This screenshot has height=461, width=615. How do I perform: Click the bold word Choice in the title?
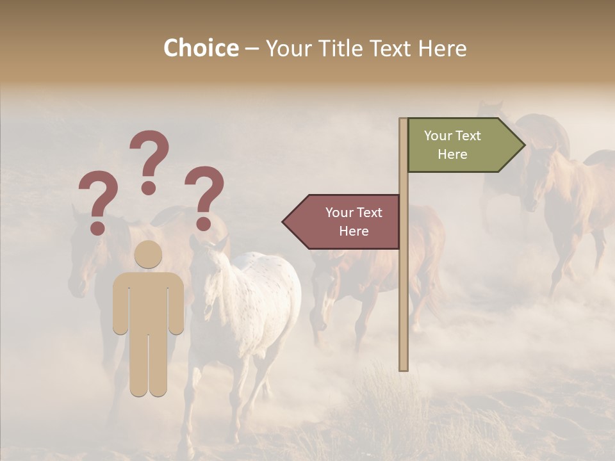tap(201, 48)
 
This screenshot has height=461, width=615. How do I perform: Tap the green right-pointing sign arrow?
tap(461, 145)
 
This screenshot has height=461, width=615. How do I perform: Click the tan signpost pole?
tap(404, 288)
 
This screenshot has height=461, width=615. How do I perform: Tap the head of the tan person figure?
tap(149, 254)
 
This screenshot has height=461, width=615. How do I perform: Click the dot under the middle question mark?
tap(149, 187)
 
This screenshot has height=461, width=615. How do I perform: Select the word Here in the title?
tap(442, 48)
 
